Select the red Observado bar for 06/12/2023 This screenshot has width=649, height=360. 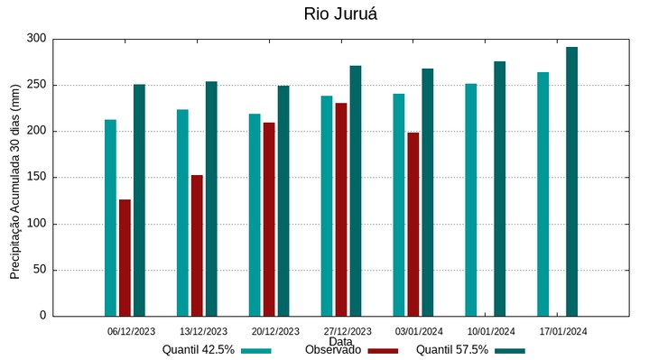[125, 257]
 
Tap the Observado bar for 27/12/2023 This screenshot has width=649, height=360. [341, 209]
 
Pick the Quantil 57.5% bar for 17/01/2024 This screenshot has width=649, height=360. [571, 181]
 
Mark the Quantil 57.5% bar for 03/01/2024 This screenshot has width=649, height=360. [427, 192]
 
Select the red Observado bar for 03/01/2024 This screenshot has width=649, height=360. [413, 224]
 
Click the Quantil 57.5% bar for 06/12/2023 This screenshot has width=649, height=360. [139, 199]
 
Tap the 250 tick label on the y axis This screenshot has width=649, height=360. [36, 85]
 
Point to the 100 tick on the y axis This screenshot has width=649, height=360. [36, 224]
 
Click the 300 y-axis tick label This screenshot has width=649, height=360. [36, 39]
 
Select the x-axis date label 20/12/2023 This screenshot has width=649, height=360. [275, 331]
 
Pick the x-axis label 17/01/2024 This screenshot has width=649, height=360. [563, 331]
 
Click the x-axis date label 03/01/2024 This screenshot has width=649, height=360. [419, 331]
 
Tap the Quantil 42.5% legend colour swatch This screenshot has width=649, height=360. [257, 350]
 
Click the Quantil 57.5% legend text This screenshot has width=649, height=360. [452, 350]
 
